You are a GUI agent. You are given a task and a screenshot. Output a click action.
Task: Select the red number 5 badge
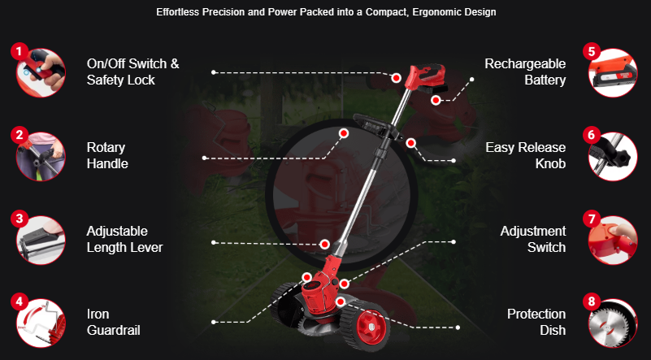591,51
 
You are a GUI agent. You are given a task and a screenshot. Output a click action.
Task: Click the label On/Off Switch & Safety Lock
132,72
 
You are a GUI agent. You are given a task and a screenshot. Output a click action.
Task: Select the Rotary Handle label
107,155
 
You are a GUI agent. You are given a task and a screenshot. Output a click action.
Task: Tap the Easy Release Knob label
525,155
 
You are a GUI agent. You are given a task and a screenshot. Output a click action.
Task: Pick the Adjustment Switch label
532,239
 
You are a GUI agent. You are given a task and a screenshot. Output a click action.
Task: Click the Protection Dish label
536,322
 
